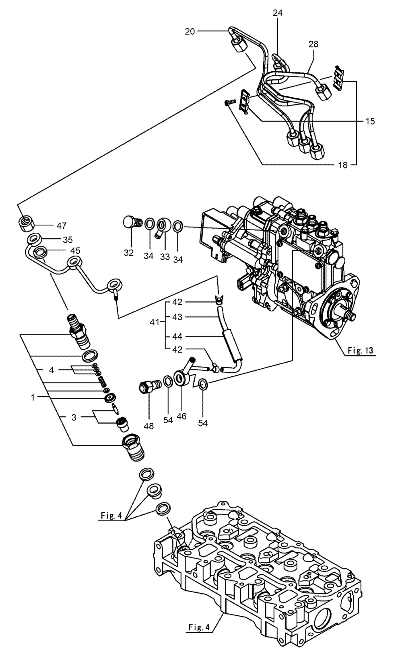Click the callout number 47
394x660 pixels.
pos(62,225)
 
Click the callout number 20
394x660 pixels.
pos(190,31)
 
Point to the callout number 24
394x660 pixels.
pos(278,13)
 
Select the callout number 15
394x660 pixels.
pos(369,121)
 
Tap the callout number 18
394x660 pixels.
pos(342,165)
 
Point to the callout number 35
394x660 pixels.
pos(67,240)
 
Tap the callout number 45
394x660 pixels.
pos(75,250)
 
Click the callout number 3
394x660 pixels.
pos(74,418)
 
